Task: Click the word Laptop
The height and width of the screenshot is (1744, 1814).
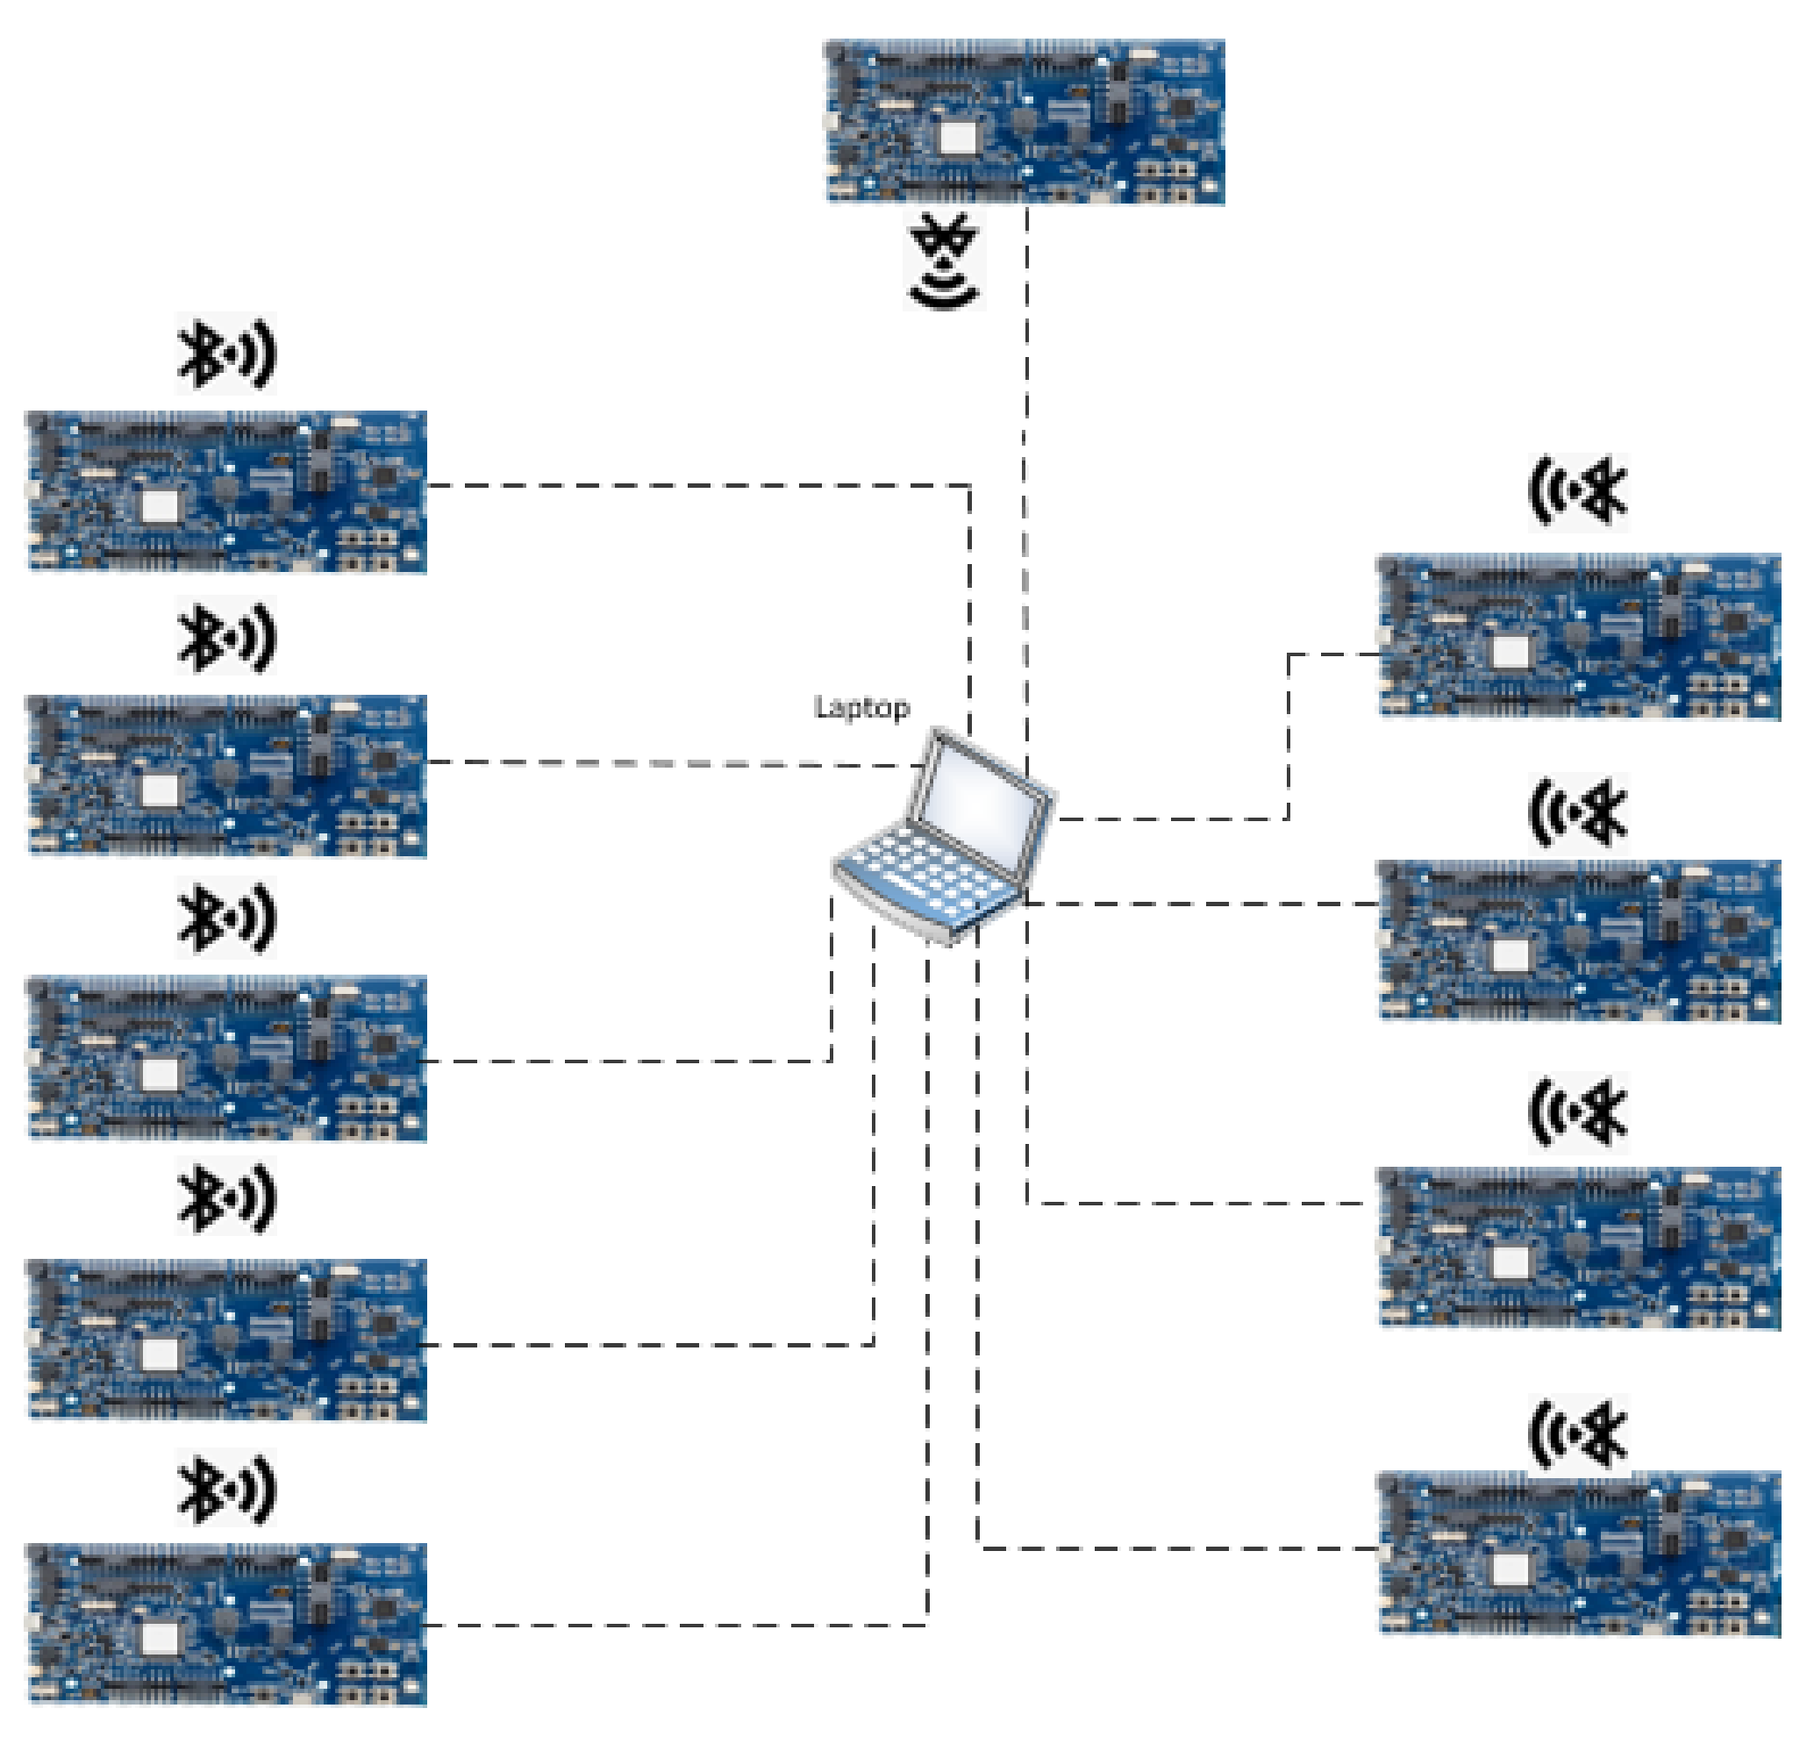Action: [x=861, y=708]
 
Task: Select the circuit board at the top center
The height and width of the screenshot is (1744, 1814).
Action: [x=1025, y=121]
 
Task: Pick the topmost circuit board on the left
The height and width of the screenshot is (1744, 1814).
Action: [x=226, y=491]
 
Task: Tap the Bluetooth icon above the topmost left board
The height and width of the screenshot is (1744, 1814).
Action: [x=226, y=354]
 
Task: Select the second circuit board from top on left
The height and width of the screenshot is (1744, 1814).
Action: [x=226, y=776]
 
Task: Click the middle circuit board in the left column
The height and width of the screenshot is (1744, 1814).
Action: [x=226, y=1057]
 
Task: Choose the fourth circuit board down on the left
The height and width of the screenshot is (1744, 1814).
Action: [x=226, y=1340]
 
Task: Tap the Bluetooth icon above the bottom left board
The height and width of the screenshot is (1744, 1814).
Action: [x=226, y=1490]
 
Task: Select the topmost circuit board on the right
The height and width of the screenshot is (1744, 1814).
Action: [x=1579, y=636]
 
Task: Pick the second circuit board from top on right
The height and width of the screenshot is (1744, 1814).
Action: [x=1579, y=940]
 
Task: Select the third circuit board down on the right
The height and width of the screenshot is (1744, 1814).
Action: [x=1579, y=1247]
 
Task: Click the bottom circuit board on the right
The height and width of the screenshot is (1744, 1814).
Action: [x=1579, y=1553]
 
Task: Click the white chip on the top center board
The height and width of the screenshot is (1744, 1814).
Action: [x=957, y=138]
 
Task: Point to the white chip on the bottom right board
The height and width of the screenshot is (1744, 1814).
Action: [x=1510, y=1569]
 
